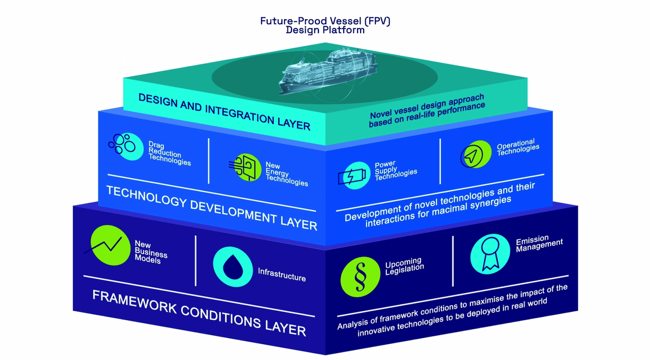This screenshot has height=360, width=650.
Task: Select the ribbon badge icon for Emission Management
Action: click(490, 253)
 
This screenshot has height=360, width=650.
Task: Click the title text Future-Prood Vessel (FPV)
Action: click(325, 21)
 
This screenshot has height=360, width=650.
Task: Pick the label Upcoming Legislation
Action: click(404, 266)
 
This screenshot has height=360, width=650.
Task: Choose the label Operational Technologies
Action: click(517, 147)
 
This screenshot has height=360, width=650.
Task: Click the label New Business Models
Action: click(150, 252)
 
